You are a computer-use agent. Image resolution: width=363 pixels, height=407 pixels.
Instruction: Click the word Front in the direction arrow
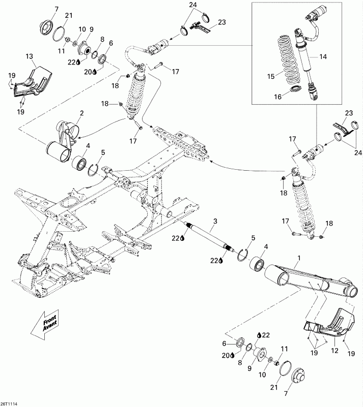click(x=49, y=319)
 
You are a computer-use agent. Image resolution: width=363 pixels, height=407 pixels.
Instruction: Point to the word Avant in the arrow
click(x=45, y=326)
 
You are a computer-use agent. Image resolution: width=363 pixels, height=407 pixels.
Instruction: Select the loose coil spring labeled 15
click(x=289, y=58)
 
